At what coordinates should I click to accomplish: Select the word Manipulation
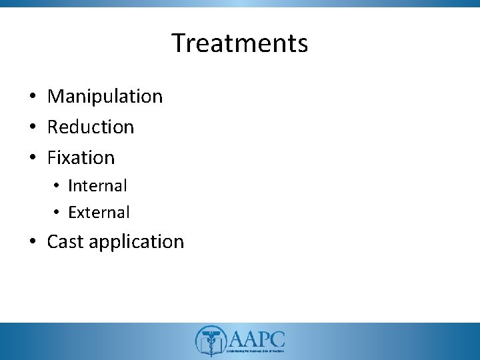point(105,97)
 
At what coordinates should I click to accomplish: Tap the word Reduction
point(91,127)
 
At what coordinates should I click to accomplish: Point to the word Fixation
point(81,158)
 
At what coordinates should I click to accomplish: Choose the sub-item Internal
point(97,185)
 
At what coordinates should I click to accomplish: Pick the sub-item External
point(99,213)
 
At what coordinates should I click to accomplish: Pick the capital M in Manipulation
point(56,97)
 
